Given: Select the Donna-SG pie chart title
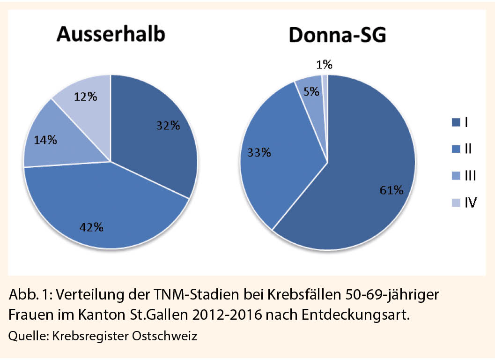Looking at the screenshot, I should click(337, 35).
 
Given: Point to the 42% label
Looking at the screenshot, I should click(91, 227).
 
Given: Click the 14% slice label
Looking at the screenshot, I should click(45, 140).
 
